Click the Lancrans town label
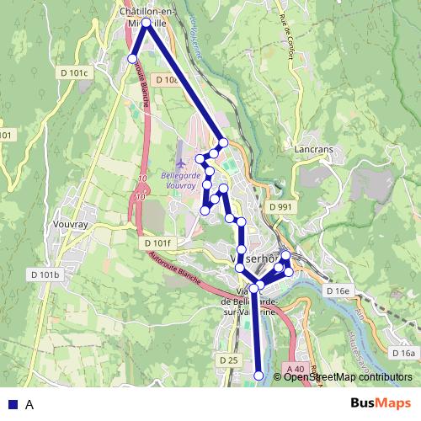coord(316,149)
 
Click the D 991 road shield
coord(281,206)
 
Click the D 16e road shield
coord(338,290)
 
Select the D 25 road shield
coord(228,360)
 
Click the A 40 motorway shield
coord(294,369)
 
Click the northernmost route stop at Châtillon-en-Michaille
coord(147,23)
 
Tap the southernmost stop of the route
coord(258,376)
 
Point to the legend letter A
coord(29,404)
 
